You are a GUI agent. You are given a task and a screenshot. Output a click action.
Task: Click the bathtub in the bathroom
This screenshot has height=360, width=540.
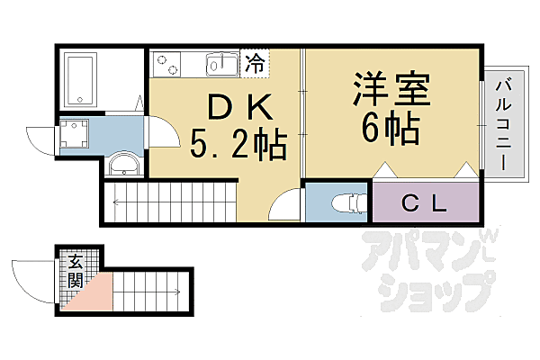[x=81, y=78]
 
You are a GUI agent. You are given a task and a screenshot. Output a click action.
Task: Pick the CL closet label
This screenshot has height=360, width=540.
[x=423, y=203]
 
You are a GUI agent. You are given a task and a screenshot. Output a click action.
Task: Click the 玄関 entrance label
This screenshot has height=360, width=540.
[x=76, y=271]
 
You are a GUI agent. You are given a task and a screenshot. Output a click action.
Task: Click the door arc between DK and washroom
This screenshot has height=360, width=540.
[x=162, y=132]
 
